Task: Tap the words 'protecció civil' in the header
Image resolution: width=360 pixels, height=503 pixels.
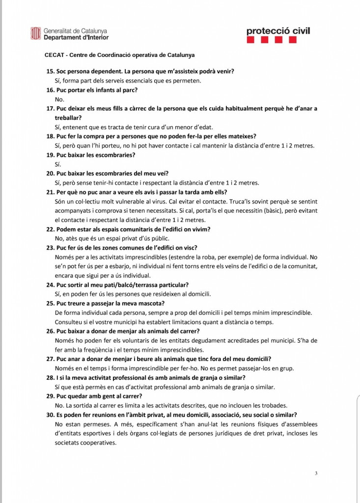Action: tap(278, 31)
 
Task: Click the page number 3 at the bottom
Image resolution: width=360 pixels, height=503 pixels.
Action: tap(316, 473)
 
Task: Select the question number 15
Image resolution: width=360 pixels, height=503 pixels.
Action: tap(50, 71)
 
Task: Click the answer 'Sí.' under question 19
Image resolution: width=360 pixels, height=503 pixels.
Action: tap(58, 164)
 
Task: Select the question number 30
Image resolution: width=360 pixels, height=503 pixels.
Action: tap(50, 415)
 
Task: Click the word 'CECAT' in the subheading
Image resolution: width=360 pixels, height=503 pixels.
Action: tap(54, 55)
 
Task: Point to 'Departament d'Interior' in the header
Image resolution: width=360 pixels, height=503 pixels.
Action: tap(76, 37)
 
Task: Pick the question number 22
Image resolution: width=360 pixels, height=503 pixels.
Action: tap(50, 229)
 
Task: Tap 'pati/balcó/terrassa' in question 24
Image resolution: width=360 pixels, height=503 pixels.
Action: tap(135, 284)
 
